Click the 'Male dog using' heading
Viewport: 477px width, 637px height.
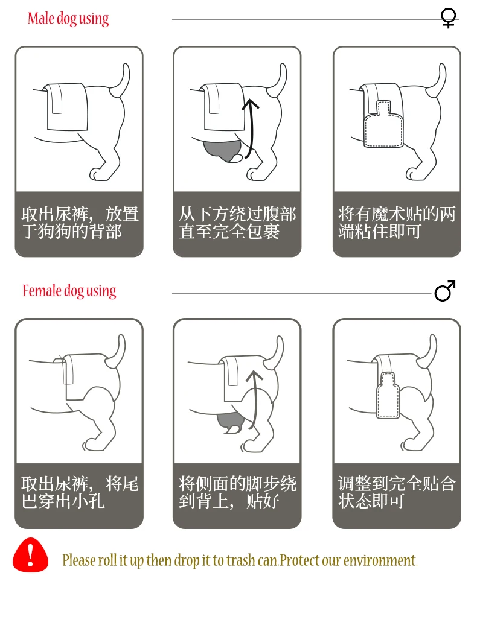click(68, 19)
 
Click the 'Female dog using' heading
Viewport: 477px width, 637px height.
click(69, 291)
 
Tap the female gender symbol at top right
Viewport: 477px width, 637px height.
click(448, 18)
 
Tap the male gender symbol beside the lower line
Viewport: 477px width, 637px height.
click(444, 291)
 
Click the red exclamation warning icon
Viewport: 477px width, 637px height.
click(30, 555)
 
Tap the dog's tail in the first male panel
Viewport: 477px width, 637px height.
click(122, 79)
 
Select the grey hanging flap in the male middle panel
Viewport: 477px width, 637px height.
click(222, 151)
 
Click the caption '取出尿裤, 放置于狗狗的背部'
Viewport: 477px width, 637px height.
click(79, 223)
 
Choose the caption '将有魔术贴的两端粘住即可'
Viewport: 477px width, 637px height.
click(397, 223)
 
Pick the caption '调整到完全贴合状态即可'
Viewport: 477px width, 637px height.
click(397, 492)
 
